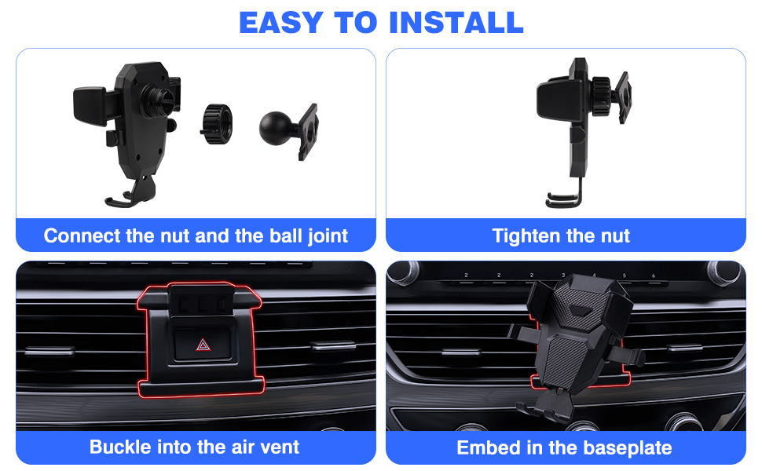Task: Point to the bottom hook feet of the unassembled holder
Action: (x=130, y=199)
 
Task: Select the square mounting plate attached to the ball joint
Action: (x=309, y=131)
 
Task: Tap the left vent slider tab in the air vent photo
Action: (x=49, y=349)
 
